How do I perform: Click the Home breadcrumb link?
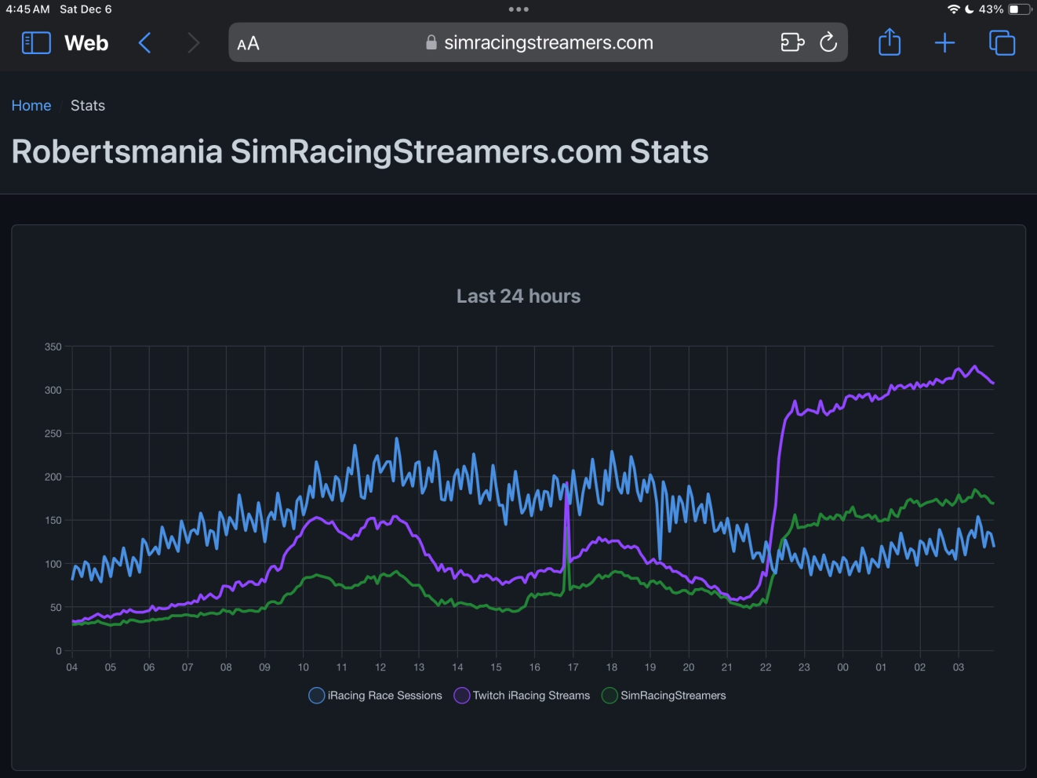coord(31,106)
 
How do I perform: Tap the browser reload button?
coord(828,42)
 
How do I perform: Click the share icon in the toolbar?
coord(890,42)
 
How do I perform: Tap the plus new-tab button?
coord(945,42)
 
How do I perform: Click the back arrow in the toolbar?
coord(144,42)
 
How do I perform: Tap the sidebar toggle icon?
coord(36,42)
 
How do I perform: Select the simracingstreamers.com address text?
coord(548,42)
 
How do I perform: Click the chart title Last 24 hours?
coord(518,296)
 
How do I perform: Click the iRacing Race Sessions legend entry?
coord(376,696)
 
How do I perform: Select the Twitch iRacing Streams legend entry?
coord(522,696)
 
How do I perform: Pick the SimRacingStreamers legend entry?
coord(664,696)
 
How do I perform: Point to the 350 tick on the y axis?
coord(53,347)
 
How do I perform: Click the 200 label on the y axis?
coord(53,477)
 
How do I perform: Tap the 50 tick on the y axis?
coord(56,607)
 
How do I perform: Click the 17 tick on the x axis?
coord(573,667)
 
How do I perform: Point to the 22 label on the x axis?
coord(766,667)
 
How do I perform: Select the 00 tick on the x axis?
coord(842,667)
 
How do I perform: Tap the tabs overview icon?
coord(1002,42)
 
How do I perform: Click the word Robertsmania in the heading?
coord(117,152)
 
